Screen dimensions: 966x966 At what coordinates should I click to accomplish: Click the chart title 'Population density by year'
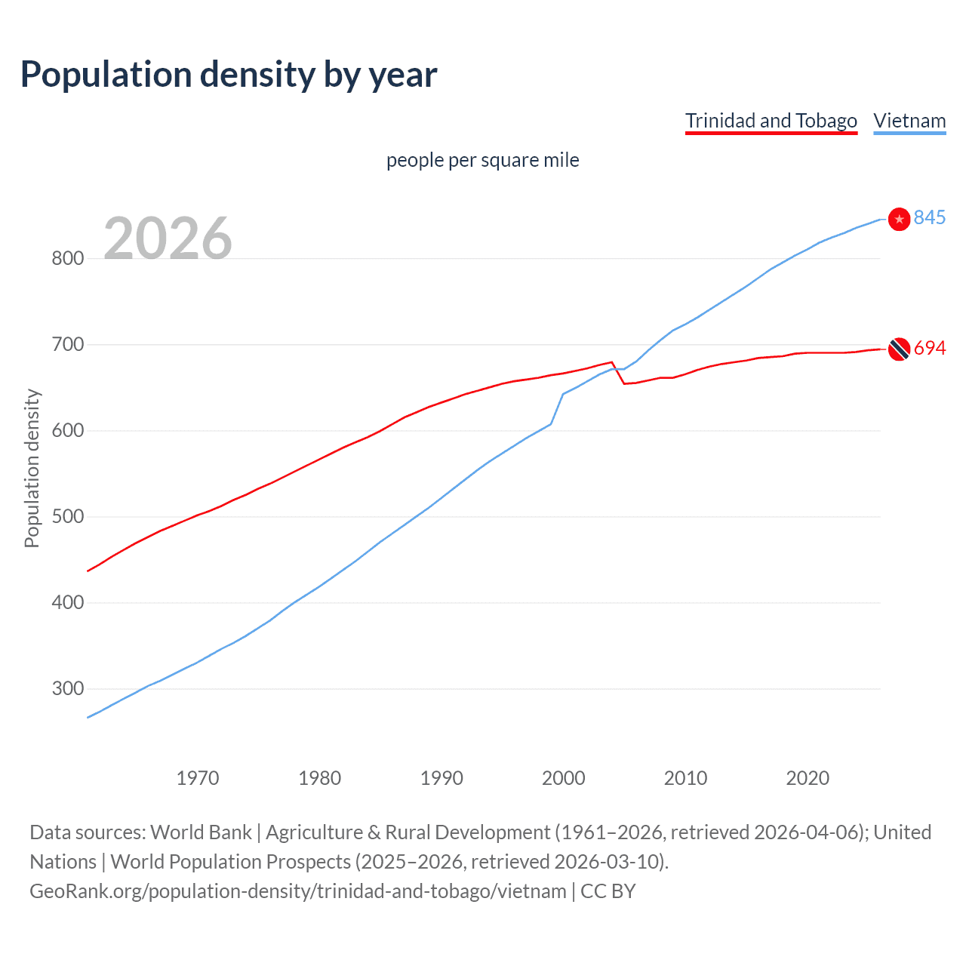click(x=229, y=75)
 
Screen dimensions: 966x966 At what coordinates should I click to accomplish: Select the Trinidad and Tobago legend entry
click(x=771, y=121)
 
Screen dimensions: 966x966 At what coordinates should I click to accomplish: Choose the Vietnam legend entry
click(x=909, y=121)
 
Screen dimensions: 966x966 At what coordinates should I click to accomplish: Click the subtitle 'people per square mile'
click(x=482, y=160)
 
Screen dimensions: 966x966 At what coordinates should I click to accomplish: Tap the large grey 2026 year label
click(x=168, y=238)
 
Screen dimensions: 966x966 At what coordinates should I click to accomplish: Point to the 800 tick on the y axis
click(x=67, y=258)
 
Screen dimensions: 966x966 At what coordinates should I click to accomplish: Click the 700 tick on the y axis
click(x=67, y=345)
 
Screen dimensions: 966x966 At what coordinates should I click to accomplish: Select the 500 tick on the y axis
click(x=67, y=517)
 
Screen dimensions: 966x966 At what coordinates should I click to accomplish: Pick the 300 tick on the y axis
click(x=67, y=689)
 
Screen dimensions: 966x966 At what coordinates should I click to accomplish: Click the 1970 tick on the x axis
click(x=198, y=777)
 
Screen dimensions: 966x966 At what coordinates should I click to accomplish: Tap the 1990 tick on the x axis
click(x=441, y=777)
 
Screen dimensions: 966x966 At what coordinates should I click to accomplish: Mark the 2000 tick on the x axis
click(x=563, y=777)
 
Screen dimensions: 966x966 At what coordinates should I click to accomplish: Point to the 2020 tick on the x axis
click(x=808, y=777)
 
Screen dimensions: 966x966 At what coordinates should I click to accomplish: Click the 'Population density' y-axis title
click(x=32, y=468)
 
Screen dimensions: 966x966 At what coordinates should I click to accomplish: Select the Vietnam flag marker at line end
click(x=899, y=219)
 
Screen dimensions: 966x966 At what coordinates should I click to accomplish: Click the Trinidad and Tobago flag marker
click(x=899, y=349)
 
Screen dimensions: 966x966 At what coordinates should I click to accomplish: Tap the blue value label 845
click(x=930, y=217)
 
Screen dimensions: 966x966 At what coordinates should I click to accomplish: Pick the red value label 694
click(x=930, y=348)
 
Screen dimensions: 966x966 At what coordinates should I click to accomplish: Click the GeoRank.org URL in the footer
click(x=298, y=891)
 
